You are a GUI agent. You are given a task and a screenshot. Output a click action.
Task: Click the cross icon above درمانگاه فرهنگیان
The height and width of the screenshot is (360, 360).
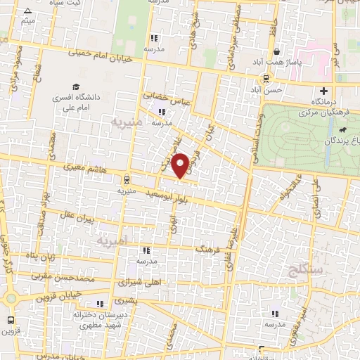323,91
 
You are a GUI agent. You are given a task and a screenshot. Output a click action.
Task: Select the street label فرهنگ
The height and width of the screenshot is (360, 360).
212,249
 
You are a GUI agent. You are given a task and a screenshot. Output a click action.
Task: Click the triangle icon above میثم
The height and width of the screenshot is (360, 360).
27,11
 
